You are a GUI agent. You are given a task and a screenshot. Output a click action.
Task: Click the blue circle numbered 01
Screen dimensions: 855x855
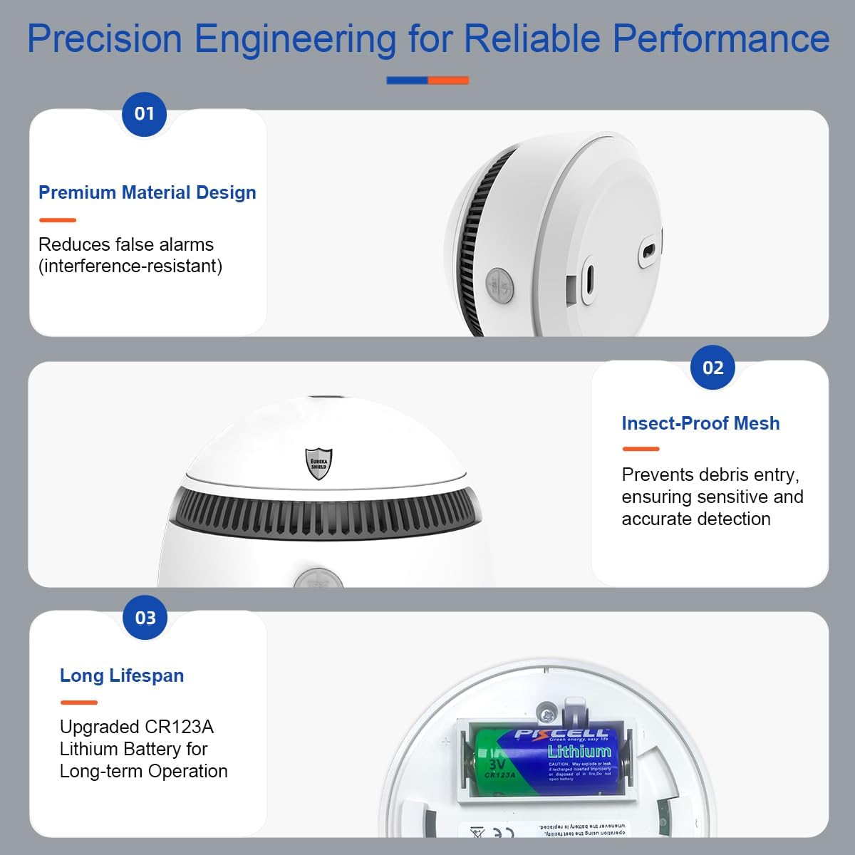(144, 114)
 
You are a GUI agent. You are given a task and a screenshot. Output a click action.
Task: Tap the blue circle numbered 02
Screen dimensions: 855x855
(712, 368)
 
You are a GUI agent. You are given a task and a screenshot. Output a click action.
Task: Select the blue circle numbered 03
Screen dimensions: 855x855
(145, 618)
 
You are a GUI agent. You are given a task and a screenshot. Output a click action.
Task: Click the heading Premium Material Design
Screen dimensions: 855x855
(147, 192)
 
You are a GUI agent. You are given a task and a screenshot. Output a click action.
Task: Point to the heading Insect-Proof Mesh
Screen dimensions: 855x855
(700, 423)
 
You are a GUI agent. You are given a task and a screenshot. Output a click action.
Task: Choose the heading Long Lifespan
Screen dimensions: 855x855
(122, 675)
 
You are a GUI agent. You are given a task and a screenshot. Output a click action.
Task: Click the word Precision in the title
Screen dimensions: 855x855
(105, 38)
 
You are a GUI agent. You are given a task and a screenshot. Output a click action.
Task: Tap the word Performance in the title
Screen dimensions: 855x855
(721, 38)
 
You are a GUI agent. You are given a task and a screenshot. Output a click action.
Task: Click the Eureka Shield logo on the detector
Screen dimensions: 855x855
(318, 463)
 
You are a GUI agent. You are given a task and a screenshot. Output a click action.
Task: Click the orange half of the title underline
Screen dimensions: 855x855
(448, 81)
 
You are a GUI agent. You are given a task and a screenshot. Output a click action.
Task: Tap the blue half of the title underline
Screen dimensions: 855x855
(407, 81)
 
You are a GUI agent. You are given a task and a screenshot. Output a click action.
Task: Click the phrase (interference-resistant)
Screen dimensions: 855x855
(130, 266)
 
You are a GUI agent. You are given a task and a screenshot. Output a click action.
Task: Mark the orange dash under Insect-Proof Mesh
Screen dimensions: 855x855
(641, 449)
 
